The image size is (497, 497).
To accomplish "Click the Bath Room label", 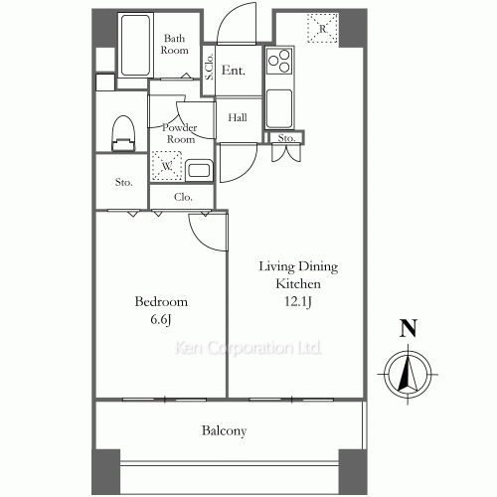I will point(175,44).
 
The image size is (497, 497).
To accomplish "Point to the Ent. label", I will point(235,71).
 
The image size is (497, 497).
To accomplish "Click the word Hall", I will point(238,117).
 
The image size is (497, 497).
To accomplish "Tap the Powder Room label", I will point(179,133).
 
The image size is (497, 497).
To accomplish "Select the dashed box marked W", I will point(165,164).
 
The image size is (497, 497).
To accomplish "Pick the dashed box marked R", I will point(322,28).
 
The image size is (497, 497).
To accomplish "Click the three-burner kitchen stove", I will point(278,62).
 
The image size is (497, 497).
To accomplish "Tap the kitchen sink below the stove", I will point(278,105).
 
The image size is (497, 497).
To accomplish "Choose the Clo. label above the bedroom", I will point(183,198).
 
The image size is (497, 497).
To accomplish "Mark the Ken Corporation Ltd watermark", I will point(248,349).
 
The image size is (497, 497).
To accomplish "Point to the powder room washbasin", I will point(199,170).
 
